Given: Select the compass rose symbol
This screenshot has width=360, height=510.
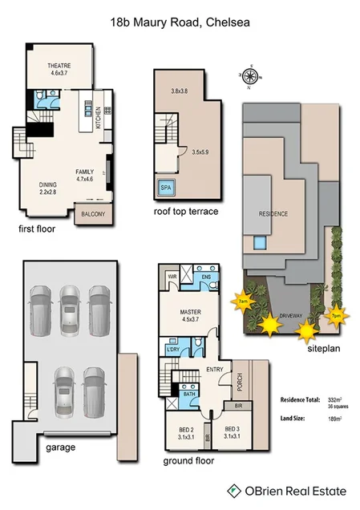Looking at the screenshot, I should pos(250,76).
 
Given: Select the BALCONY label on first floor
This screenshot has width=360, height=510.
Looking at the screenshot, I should pos(92,214).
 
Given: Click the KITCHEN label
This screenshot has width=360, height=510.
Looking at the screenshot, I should pos(98,119).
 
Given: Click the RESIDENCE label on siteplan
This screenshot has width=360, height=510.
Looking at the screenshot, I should pos(273,214).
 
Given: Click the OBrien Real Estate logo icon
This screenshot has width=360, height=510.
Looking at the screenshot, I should pos(233,488).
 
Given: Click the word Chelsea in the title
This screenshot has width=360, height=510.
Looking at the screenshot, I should pos(226,24).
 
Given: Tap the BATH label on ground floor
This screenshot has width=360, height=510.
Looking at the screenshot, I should pos(190,394).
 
